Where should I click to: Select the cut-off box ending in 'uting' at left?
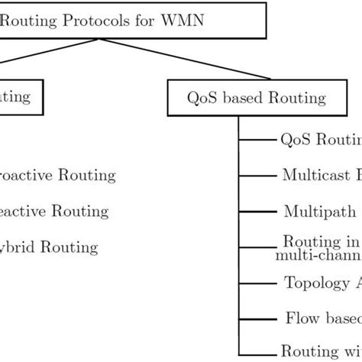[x=15, y=97]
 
